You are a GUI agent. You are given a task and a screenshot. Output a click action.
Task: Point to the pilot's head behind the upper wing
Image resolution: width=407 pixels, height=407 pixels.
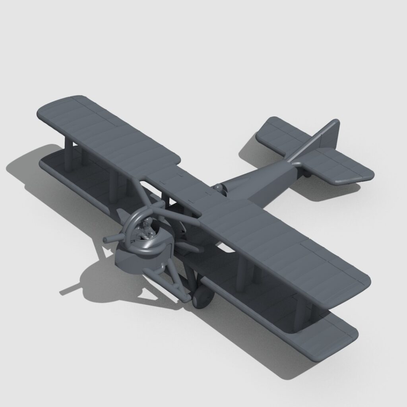tap(218, 187)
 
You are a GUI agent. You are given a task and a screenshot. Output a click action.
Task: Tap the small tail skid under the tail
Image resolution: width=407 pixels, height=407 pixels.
tap(308, 173)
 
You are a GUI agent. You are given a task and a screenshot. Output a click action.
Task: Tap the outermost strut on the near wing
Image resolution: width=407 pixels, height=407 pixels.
tap(300, 314)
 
